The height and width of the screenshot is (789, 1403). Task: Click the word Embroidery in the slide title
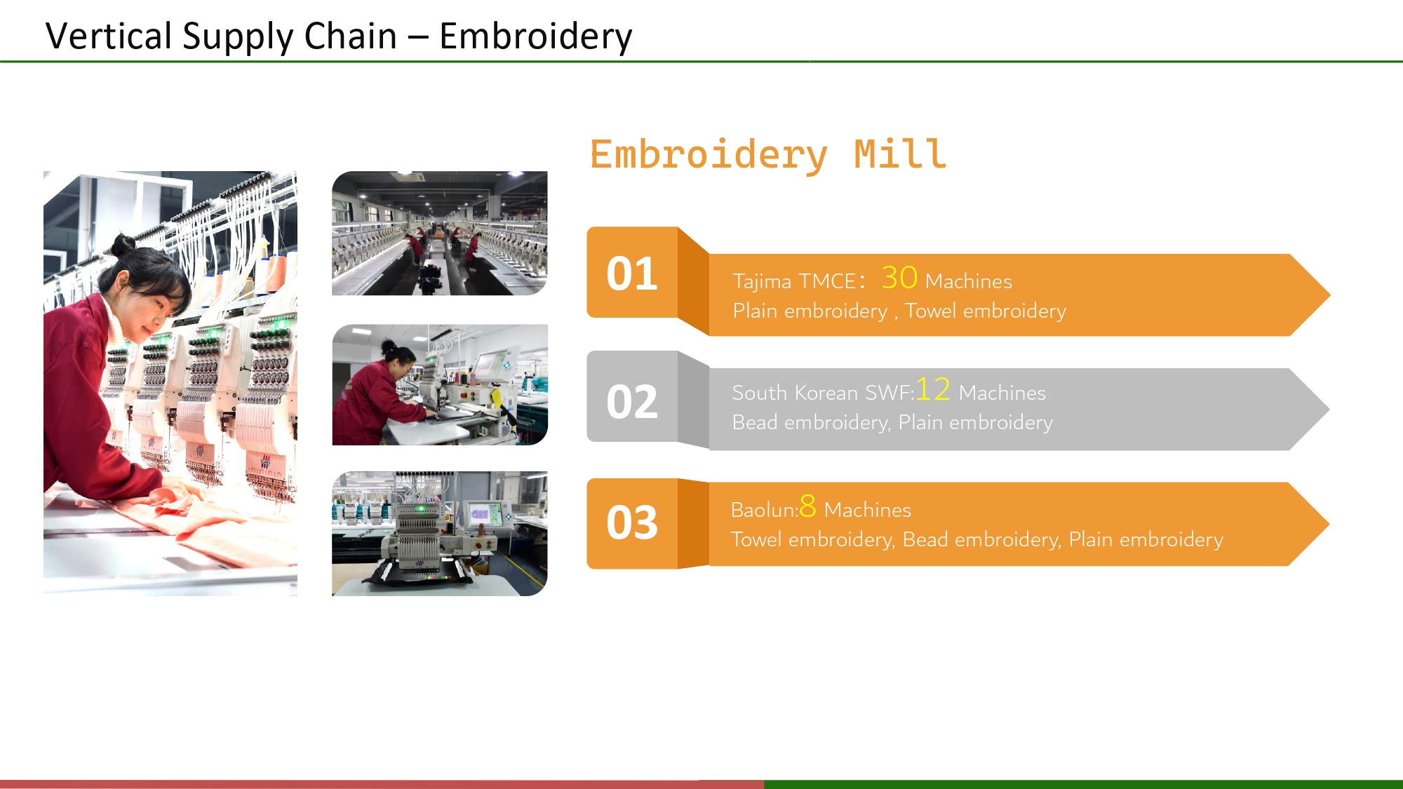tap(535, 36)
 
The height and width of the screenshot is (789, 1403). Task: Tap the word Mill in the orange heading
tap(900, 154)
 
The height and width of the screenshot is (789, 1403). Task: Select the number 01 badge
tap(631, 274)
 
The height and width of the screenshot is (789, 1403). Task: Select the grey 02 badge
tap(631, 402)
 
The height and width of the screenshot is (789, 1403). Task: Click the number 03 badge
tap(631, 523)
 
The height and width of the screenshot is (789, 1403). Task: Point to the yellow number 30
tap(899, 278)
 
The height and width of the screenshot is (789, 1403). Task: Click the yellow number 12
tap(933, 389)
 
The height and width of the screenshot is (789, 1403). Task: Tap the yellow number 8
tap(807, 506)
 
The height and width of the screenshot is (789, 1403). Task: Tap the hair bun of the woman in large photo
tap(123, 245)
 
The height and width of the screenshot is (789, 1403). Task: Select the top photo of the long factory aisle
tap(440, 233)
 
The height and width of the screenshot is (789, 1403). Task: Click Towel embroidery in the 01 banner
tap(985, 311)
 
